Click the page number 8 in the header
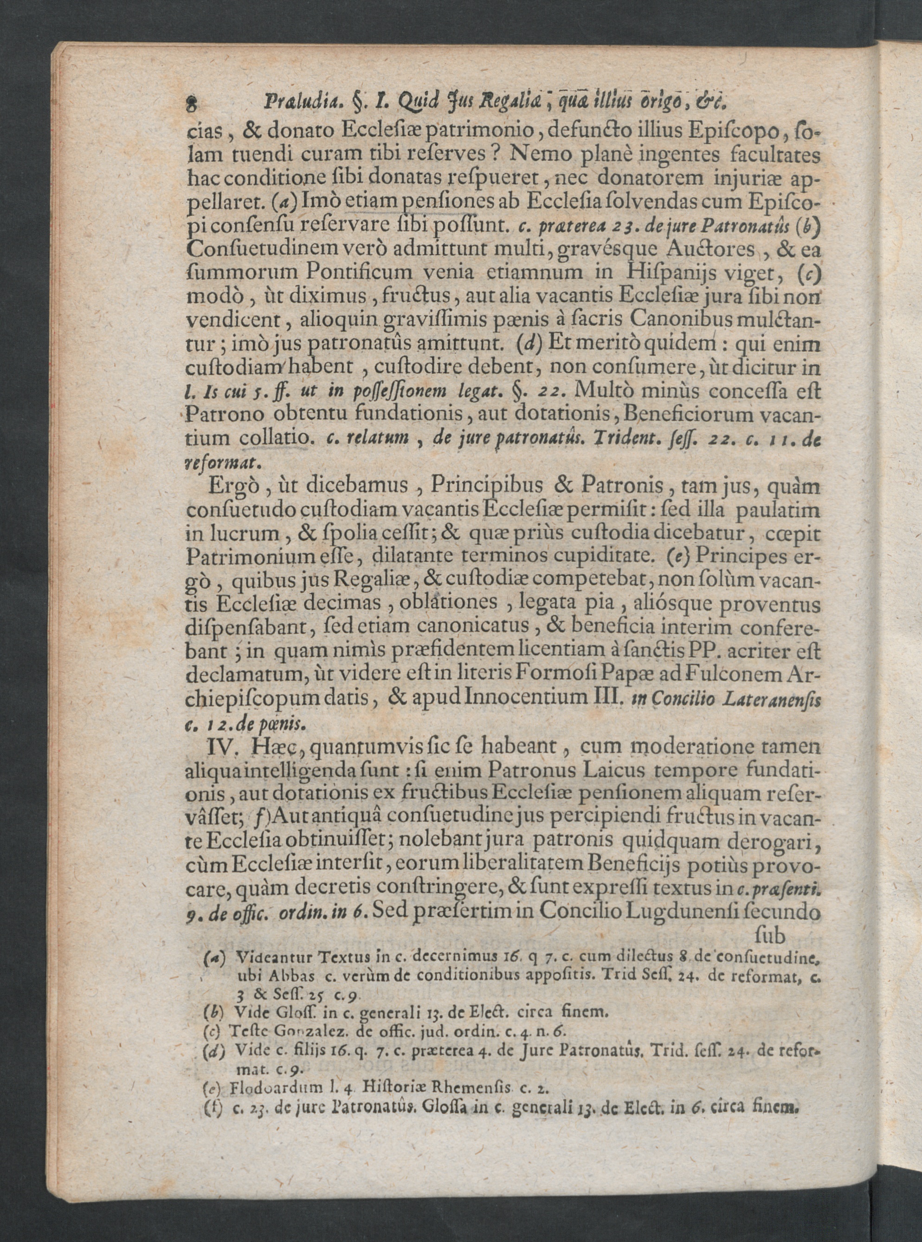pyautogui.click(x=193, y=104)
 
